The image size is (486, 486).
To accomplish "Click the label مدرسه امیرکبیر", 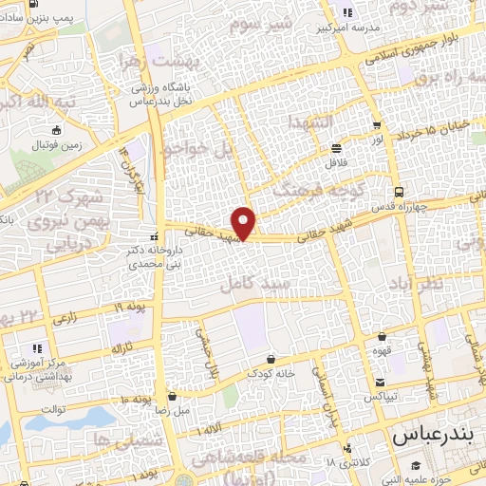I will (351, 27).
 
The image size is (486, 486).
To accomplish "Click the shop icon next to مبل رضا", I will (172, 396).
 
